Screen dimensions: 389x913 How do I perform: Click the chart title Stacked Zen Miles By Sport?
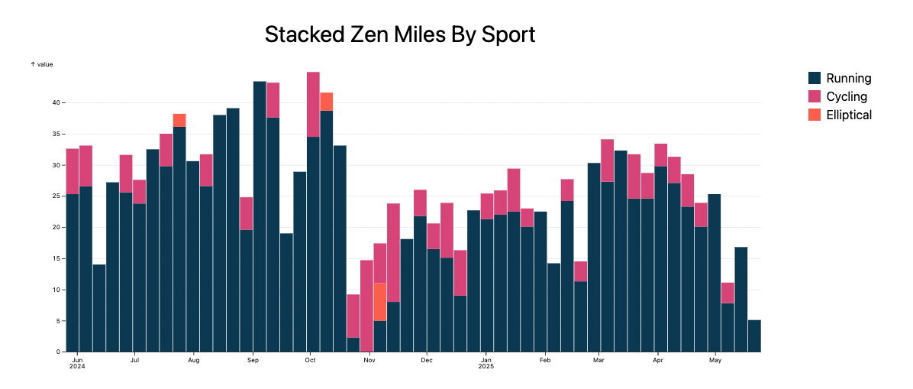point(399,34)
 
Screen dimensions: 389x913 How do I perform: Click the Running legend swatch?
point(815,78)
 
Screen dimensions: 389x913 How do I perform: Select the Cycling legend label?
point(847,96)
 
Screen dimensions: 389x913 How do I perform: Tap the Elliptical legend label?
point(849,115)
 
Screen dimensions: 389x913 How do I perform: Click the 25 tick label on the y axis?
point(56,196)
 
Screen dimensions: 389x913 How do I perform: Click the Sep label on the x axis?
point(251,359)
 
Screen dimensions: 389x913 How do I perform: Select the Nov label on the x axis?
point(369,359)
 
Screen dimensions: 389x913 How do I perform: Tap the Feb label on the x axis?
point(544,359)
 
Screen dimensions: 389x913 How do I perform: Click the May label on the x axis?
point(715,359)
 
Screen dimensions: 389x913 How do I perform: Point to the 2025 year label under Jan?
point(486,367)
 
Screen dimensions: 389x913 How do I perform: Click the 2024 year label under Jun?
point(76,367)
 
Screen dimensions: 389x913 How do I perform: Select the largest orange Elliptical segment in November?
point(380,302)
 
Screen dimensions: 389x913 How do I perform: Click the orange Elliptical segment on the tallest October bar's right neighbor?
point(327,102)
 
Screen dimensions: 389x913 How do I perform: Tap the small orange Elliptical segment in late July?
point(179,120)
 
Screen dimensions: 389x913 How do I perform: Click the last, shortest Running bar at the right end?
point(754,336)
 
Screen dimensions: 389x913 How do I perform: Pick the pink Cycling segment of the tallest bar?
point(313,105)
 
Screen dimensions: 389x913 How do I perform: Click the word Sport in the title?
point(507,34)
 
